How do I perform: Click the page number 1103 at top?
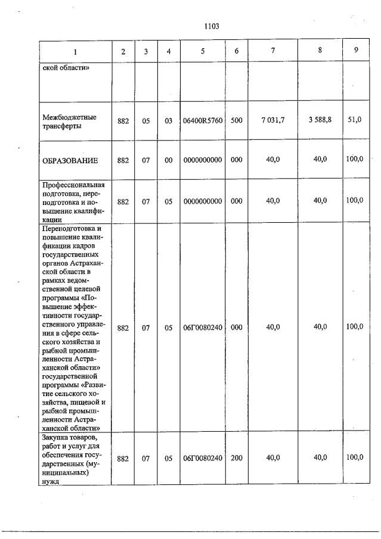(x=212, y=26)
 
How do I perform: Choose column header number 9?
(x=356, y=51)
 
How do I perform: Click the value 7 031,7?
(x=272, y=120)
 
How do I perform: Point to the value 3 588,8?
(x=320, y=120)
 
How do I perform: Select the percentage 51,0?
(x=355, y=120)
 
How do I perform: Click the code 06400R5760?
(x=202, y=121)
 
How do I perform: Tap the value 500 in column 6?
(x=236, y=121)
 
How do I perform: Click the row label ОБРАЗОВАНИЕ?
(x=70, y=161)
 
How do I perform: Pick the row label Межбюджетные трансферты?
(x=69, y=121)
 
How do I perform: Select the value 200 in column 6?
(x=236, y=458)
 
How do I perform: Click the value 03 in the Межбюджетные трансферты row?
(x=168, y=121)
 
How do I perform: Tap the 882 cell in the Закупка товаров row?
(x=123, y=458)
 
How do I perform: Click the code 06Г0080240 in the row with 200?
(x=202, y=458)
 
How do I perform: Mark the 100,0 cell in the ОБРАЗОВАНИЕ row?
(x=355, y=159)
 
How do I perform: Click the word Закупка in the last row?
(x=57, y=439)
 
